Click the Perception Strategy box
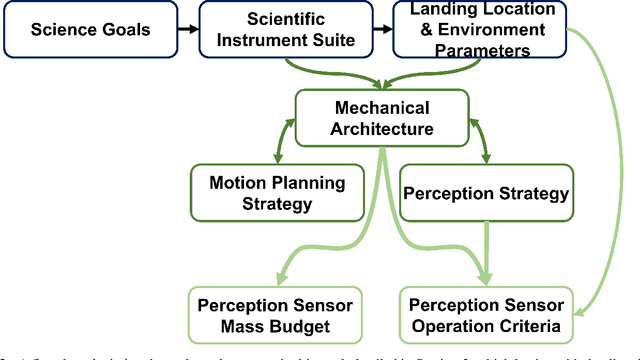click(486, 193)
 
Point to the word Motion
click(235, 182)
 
